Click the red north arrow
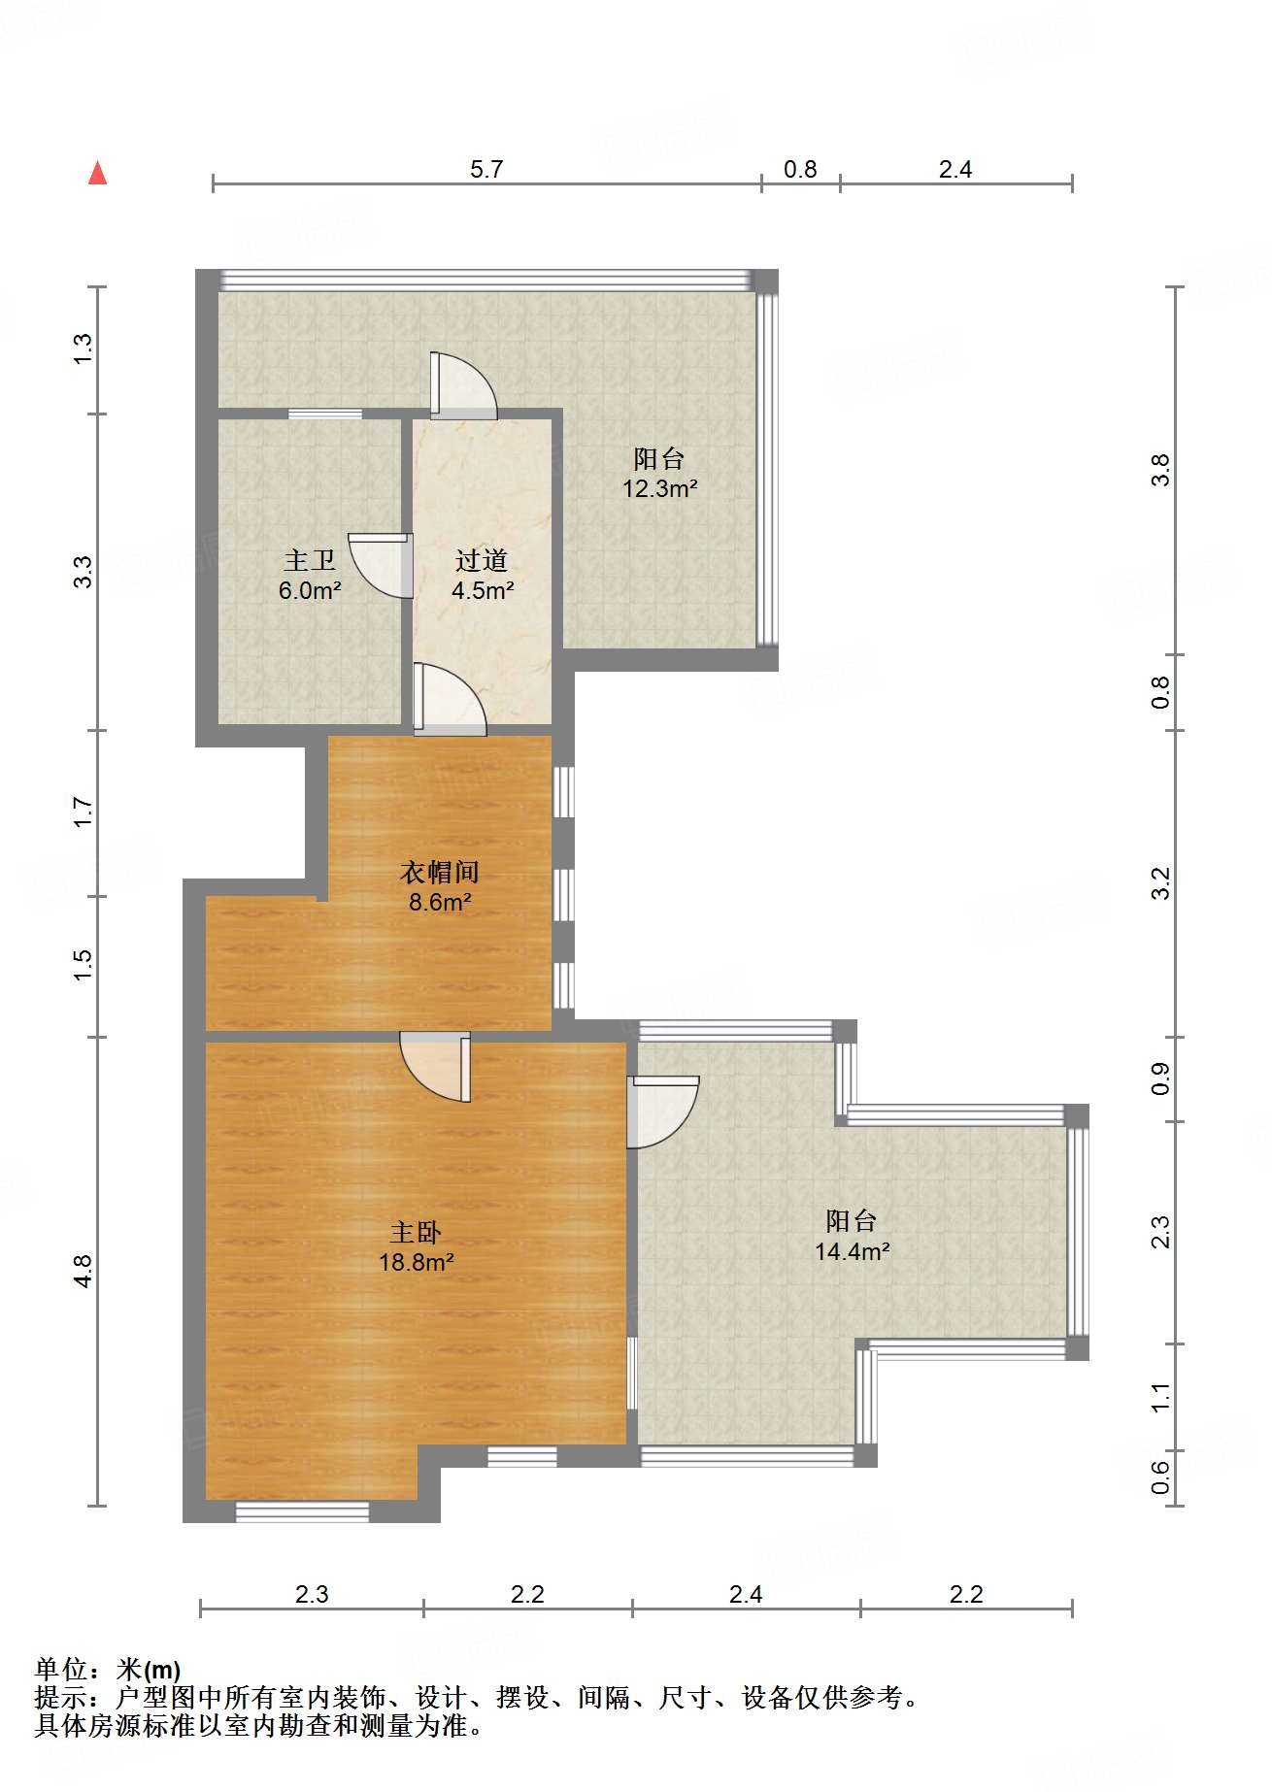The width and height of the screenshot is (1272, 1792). coord(97,173)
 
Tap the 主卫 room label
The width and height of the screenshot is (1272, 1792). coord(310,560)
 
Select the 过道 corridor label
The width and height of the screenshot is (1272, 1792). coord(482,560)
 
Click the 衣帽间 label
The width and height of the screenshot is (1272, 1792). coord(440,872)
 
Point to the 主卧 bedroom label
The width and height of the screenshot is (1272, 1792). coord(416,1232)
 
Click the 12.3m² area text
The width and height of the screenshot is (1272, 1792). coord(660,488)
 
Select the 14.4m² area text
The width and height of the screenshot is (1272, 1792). coord(853,1251)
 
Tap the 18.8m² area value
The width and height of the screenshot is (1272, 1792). coord(417,1262)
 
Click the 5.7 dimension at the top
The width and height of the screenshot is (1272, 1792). coord(486,169)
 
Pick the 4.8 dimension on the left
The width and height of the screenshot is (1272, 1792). coord(83,1271)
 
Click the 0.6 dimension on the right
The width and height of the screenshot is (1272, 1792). coord(1160,1478)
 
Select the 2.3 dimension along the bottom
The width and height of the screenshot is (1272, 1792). coord(312,1594)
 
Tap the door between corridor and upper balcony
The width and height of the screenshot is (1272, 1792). coord(464,385)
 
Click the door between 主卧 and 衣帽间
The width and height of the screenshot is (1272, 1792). coord(436,1066)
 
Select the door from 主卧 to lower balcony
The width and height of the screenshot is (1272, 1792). coord(662,1112)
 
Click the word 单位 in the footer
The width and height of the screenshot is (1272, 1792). coord(61,1670)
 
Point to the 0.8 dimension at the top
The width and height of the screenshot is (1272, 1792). coord(800,169)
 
